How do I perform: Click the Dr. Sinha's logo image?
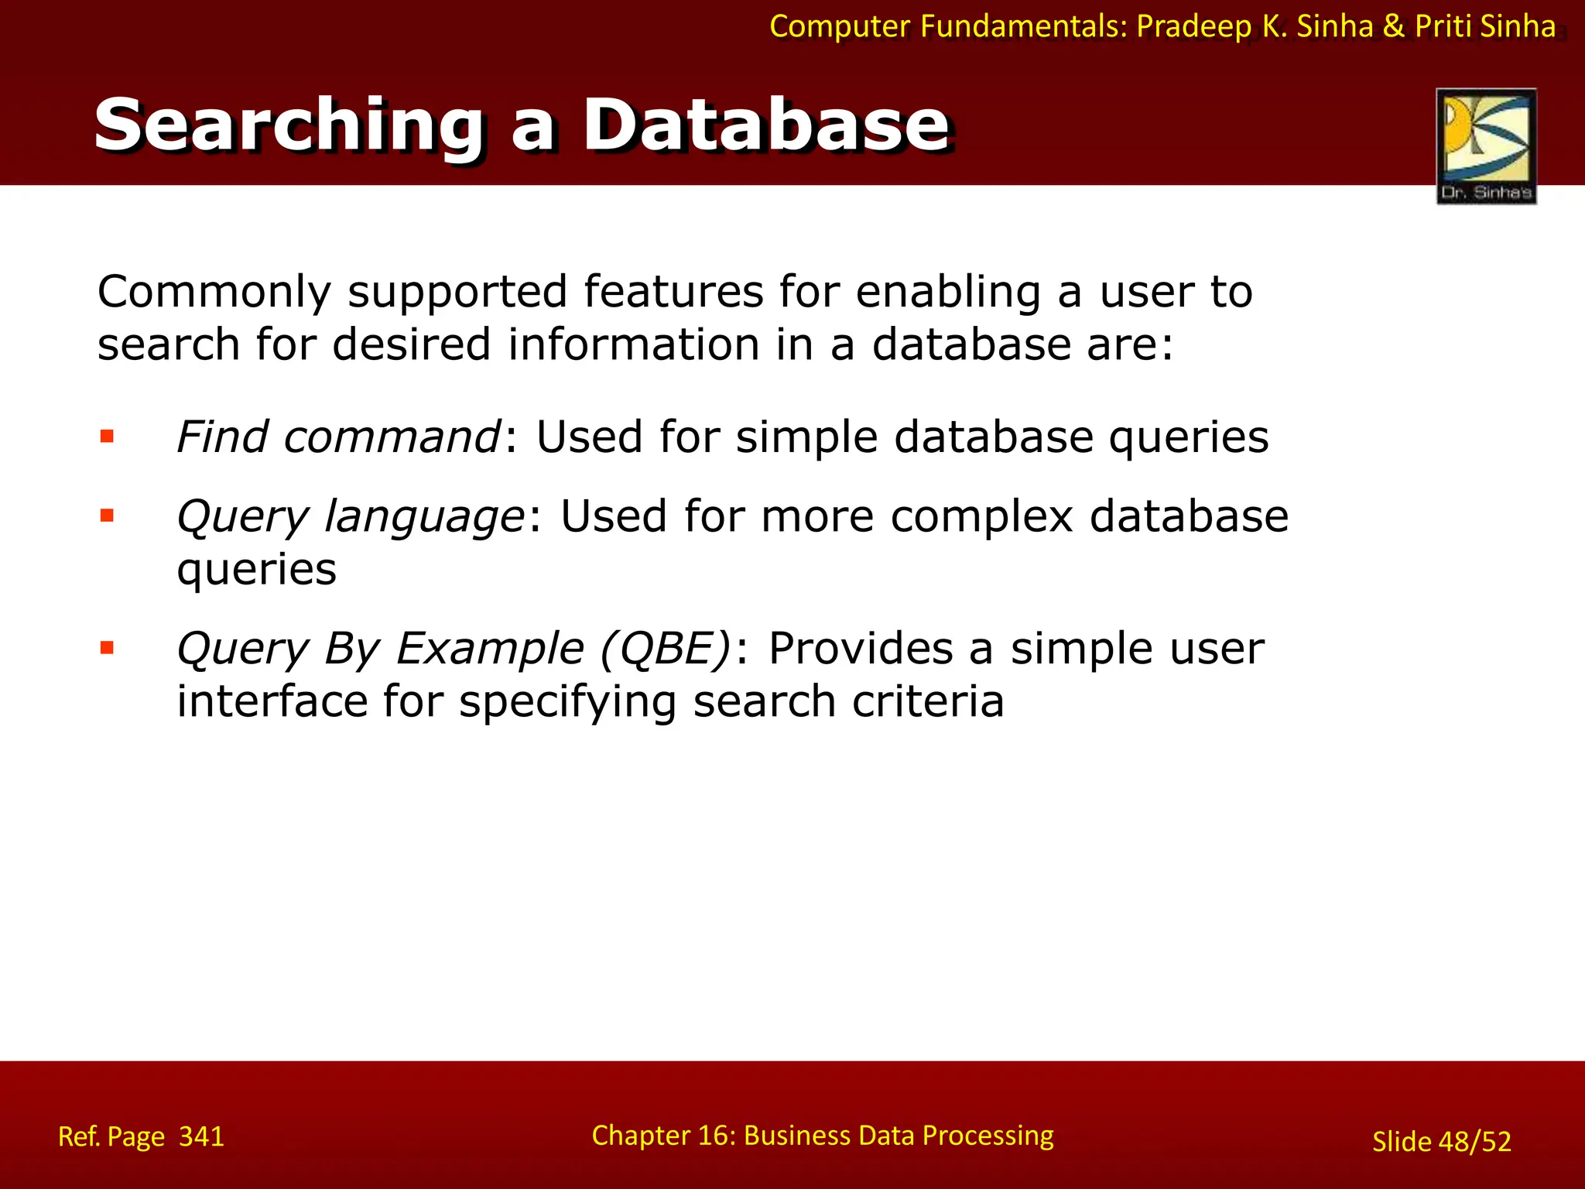pyautogui.click(x=1486, y=146)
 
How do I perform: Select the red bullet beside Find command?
pyautogui.click(x=107, y=437)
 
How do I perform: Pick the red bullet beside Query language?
pyautogui.click(x=107, y=516)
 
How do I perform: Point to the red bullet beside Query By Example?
pyautogui.click(x=107, y=648)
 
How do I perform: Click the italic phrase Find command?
pyautogui.click(x=339, y=437)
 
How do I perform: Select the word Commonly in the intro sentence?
pyautogui.click(x=214, y=293)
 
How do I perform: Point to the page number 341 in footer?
pyautogui.click(x=201, y=1136)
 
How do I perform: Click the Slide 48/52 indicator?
pyautogui.click(x=1441, y=1141)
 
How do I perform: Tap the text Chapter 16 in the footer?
pyautogui.click(x=662, y=1135)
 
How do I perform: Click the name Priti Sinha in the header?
pyautogui.click(x=1484, y=26)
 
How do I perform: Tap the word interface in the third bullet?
pyautogui.click(x=272, y=701)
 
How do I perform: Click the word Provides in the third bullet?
pyautogui.click(x=861, y=648)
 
